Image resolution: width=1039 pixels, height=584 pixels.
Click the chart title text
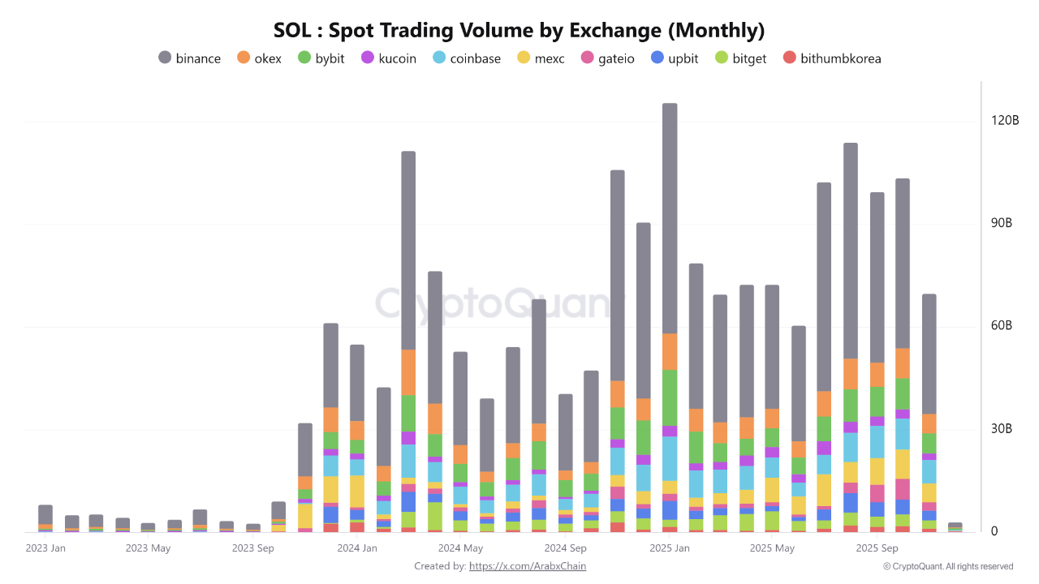pyautogui.click(x=519, y=31)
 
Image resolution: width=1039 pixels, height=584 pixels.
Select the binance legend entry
pyautogui.click(x=189, y=58)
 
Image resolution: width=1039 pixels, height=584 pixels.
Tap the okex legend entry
pyautogui.click(x=259, y=58)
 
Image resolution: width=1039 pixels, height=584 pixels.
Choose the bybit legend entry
pyautogui.click(x=321, y=58)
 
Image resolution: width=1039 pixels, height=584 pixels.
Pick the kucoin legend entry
pyautogui.click(x=388, y=58)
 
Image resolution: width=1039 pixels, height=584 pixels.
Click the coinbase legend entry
pyautogui.click(x=466, y=58)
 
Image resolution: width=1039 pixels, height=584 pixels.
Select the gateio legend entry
pyautogui.click(x=607, y=58)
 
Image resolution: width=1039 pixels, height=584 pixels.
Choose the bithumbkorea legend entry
pyautogui.click(x=831, y=58)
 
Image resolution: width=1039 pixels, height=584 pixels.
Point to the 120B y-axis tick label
pyautogui.click(x=1005, y=121)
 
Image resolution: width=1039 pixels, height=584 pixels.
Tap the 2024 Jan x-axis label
pyautogui.click(x=357, y=548)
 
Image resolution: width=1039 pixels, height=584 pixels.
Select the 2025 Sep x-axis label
pyautogui.click(x=877, y=548)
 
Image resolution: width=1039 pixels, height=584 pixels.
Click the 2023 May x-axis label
pyautogui.click(x=148, y=548)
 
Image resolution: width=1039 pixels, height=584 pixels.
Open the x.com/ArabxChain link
pyautogui.click(x=528, y=566)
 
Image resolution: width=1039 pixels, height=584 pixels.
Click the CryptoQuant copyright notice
pyautogui.click(x=948, y=566)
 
